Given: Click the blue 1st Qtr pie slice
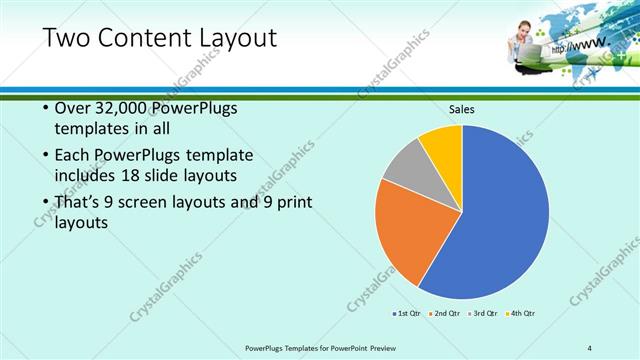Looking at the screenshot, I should [500, 215].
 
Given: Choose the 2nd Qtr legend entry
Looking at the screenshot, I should [447, 313].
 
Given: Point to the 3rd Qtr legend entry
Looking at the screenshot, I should [484, 313].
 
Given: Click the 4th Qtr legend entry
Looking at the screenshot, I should [521, 313].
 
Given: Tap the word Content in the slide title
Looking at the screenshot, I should [140, 39].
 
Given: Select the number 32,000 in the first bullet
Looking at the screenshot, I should [127, 109].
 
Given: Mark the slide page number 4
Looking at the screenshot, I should [589, 347].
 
